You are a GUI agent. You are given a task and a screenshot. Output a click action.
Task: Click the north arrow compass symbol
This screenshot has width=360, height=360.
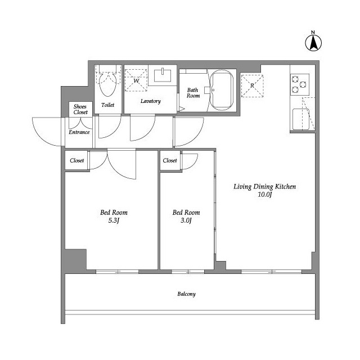[x=313, y=43]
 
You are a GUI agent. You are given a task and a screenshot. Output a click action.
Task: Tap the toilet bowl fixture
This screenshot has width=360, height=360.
[x=107, y=83]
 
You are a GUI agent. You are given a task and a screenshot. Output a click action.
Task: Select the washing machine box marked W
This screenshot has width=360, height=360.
[x=136, y=80]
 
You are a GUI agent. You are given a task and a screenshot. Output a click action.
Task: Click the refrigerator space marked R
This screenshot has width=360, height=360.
[x=252, y=85]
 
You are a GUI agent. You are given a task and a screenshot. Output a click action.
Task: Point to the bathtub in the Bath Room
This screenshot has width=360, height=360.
[x=222, y=90]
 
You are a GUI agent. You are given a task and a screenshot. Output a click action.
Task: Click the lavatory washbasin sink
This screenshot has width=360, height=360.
[x=163, y=75]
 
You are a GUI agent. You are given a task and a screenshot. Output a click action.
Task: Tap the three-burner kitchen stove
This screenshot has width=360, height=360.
[x=300, y=84]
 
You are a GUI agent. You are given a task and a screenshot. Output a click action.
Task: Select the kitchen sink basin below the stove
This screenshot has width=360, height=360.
[x=300, y=119]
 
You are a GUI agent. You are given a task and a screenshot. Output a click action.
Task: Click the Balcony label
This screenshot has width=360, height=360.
[x=186, y=294]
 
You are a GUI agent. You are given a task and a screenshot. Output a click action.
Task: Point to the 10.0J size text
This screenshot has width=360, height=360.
[x=265, y=195]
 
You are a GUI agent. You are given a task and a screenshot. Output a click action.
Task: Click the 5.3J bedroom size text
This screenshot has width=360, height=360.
[x=114, y=220]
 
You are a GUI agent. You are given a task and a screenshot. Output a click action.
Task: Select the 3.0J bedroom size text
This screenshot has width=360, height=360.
[x=186, y=220]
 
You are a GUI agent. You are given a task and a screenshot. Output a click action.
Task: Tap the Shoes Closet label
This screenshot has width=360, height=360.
[x=80, y=109]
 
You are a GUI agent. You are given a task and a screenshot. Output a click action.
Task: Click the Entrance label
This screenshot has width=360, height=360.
[x=79, y=132]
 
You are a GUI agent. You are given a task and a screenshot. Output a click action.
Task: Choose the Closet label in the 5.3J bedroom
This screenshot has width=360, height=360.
[x=77, y=160]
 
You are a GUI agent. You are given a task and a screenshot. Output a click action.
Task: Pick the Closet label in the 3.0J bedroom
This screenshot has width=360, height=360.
[x=170, y=160]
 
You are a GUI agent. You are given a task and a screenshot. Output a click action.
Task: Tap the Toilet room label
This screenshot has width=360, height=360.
[x=107, y=105]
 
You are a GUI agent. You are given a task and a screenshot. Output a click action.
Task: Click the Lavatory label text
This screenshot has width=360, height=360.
[x=151, y=101]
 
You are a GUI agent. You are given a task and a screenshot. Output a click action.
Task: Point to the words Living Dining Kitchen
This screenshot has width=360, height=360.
[x=265, y=186]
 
